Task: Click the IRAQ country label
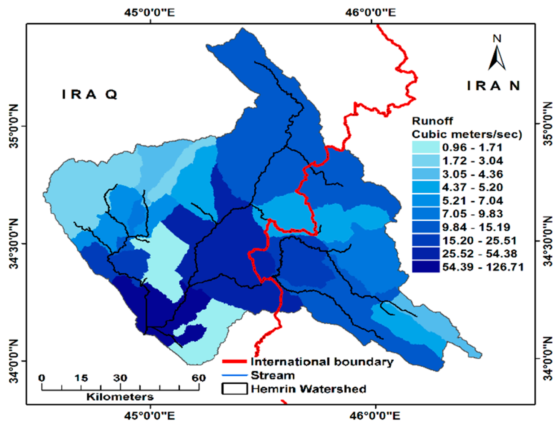pos(90,95)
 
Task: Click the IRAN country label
pos(494,86)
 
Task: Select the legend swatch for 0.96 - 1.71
pos(426,147)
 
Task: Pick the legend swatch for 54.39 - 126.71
pos(426,267)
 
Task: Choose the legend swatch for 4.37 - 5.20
pos(426,187)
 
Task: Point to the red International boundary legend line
pos(234,361)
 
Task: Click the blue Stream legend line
pos(234,375)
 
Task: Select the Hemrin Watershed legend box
pos(234,389)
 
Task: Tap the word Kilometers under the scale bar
pos(120,397)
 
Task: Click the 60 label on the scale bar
pos(199,378)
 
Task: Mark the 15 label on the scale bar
pos(81,378)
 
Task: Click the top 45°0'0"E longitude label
pos(150,13)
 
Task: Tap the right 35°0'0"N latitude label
pos(548,124)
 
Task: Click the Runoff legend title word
pos(432,121)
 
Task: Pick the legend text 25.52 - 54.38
pos(479,254)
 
